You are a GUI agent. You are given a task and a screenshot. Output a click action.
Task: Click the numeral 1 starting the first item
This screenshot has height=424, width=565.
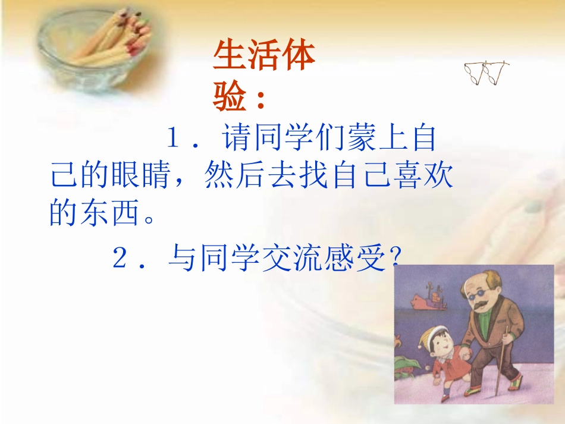pyautogui.click(x=172, y=140)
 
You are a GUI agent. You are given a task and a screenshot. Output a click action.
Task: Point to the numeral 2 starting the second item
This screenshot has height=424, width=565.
pyautogui.click(x=119, y=260)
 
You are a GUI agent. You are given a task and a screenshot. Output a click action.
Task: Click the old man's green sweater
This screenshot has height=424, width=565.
pyautogui.click(x=486, y=333)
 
